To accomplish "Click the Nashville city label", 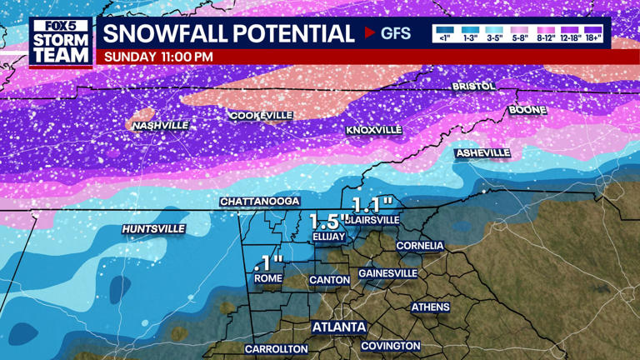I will click(161, 125).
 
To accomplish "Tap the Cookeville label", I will click(261, 115).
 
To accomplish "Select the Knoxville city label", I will click(374, 130).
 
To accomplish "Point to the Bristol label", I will click(473, 86).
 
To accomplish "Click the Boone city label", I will click(527, 110).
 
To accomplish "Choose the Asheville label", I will click(482, 153).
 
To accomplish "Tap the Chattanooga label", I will click(260, 202).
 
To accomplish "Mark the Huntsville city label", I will click(153, 228).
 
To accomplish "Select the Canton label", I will click(329, 280).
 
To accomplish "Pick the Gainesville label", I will click(387, 272).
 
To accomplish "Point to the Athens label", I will click(430, 307).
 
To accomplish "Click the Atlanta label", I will click(339, 327).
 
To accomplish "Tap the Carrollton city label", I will click(277, 349).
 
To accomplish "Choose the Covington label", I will click(391, 346).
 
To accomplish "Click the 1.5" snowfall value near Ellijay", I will click(328, 221).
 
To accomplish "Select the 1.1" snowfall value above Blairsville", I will click(371, 204).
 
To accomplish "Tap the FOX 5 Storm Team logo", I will click(60, 42).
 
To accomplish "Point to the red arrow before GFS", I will click(370, 33).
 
